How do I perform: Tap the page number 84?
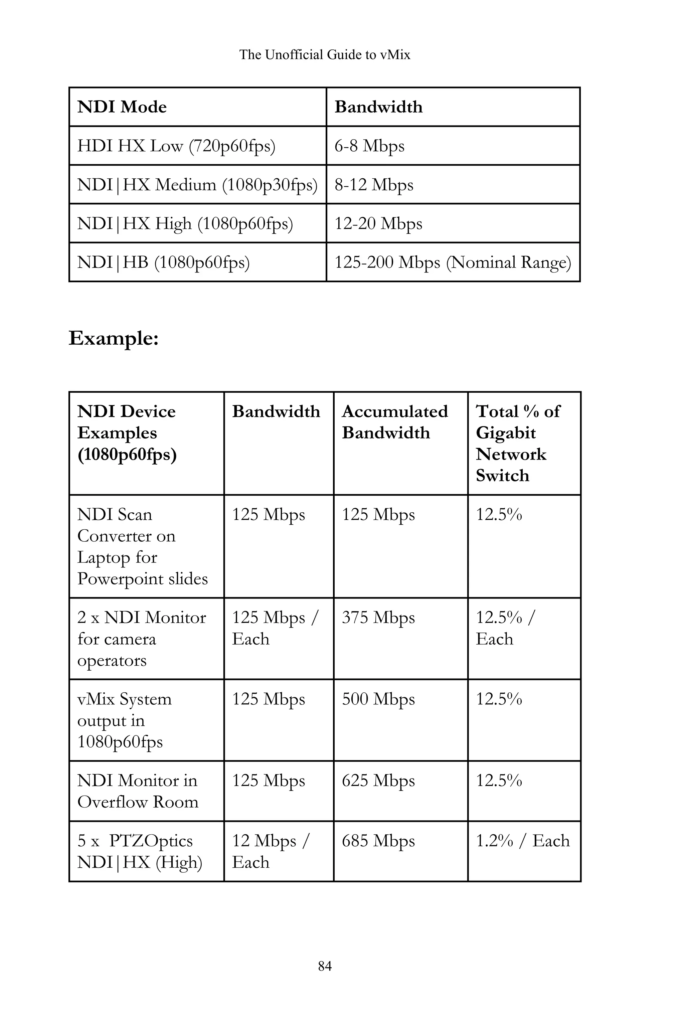tap(325, 966)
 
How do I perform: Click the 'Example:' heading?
tap(114, 338)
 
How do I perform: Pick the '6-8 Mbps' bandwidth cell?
tap(369, 146)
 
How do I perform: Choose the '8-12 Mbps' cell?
tap(374, 184)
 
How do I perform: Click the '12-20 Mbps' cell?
tap(378, 223)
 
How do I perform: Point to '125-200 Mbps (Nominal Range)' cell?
tap(452, 262)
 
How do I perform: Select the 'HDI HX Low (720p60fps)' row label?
tap(176, 146)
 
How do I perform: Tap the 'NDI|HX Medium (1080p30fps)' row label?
tap(197, 184)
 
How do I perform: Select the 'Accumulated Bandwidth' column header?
tap(395, 422)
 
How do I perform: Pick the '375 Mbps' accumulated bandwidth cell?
tap(378, 618)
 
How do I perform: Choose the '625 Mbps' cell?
tap(378, 781)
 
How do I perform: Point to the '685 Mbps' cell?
tap(378, 841)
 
